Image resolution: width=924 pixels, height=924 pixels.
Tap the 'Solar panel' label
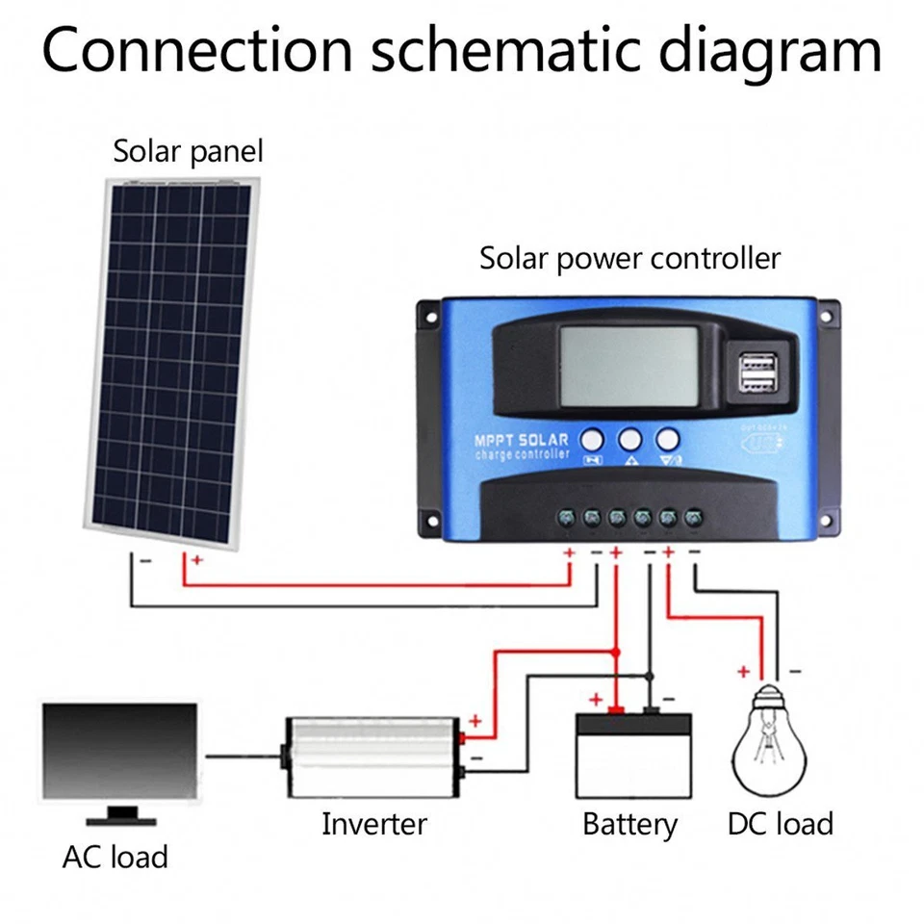pyautogui.click(x=188, y=152)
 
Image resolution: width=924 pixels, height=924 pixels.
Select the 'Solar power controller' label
pyautogui.click(x=629, y=259)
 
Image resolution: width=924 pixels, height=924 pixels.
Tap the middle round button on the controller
pyautogui.click(x=629, y=440)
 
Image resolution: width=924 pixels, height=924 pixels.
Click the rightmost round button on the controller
pyautogui.click(x=667, y=440)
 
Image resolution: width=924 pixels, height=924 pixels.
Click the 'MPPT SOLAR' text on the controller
pyautogui.click(x=521, y=440)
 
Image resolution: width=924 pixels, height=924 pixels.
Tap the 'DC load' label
pyautogui.click(x=780, y=824)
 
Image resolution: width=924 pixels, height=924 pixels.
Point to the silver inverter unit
pyautogui.click(x=371, y=757)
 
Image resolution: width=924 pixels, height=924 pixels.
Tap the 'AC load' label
pyautogui.click(x=115, y=857)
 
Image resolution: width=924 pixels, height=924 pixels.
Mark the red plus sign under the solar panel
pyautogui.click(x=197, y=559)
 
